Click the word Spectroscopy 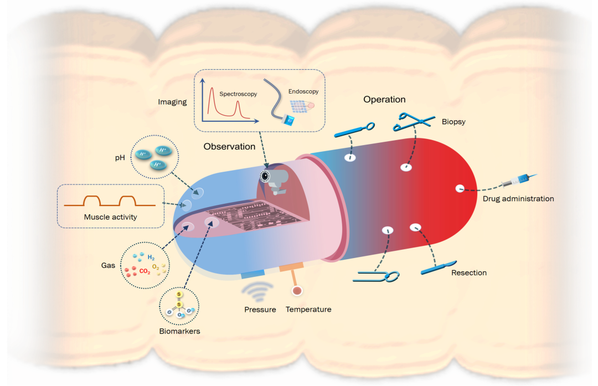pyautogui.click(x=238, y=94)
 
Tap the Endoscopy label pyautogui.click(x=303, y=91)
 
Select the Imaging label pyautogui.click(x=172, y=102)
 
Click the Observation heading pyautogui.click(x=229, y=146)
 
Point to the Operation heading pyautogui.click(x=384, y=100)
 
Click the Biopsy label pyautogui.click(x=453, y=122)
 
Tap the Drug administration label pyautogui.click(x=518, y=199)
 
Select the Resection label pyautogui.click(x=469, y=272)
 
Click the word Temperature pyautogui.click(x=308, y=310)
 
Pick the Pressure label pyautogui.click(x=260, y=310)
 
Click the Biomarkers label pyautogui.click(x=179, y=331)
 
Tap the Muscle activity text pyautogui.click(x=110, y=217)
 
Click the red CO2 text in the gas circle pyautogui.click(x=145, y=271)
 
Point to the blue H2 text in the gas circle pyautogui.click(x=151, y=258)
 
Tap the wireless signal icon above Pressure pyautogui.click(x=257, y=291)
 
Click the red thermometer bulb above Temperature pyautogui.click(x=297, y=291)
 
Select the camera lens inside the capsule pyautogui.click(x=265, y=176)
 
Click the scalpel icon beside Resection pyautogui.click(x=439, y=267)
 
